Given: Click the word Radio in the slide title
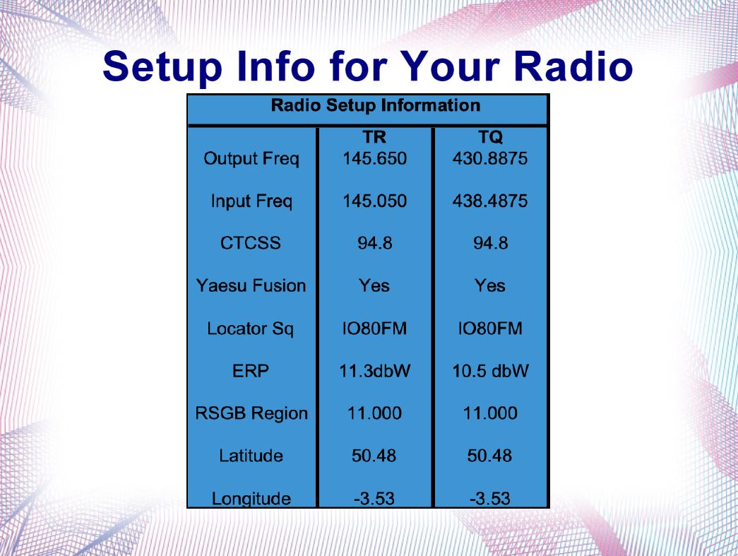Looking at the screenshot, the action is [573, 66].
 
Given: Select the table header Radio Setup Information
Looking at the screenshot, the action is [376, 105].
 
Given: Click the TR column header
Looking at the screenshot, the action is [374, 137].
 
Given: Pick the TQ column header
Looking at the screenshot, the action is [490, 138].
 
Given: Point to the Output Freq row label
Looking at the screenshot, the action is [251, 159].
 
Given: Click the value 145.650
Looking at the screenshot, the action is [374, 158].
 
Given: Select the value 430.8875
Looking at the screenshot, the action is [490, 158].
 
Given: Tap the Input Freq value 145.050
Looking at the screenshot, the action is [374, 201].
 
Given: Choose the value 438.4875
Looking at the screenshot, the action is [490, 201].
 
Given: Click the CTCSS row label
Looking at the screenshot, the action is [251, 243].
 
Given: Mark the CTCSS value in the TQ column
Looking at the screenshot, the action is [490, 243].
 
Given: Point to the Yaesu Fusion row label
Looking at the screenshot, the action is [251, 285].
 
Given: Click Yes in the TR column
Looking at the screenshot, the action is [374, 285].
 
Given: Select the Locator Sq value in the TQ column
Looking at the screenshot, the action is [490, 328].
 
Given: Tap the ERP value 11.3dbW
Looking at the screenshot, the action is [374, 371].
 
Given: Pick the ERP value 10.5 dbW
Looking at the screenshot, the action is [490, 371].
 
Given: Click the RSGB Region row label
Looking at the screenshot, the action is [251, 413].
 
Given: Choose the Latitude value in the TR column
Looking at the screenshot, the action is [374, 456].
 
